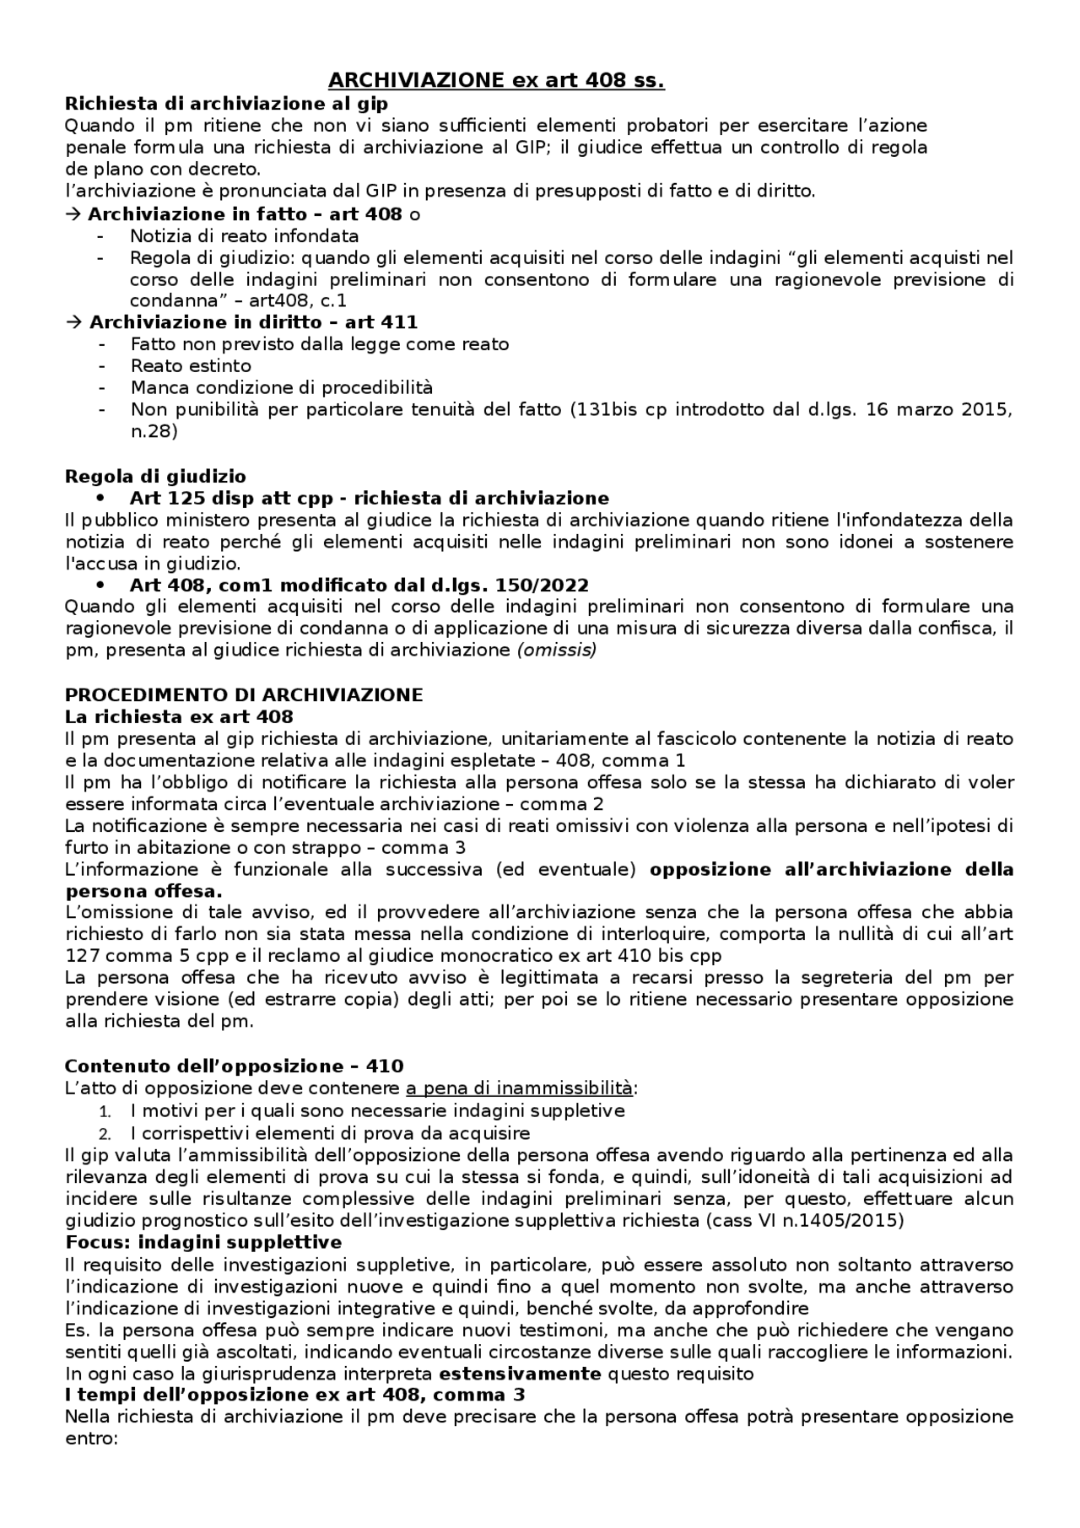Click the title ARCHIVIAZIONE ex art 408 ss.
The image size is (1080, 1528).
click(495, 81)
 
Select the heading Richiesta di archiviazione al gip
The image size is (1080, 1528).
click(226, 104)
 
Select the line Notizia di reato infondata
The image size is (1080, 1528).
click(244, 236)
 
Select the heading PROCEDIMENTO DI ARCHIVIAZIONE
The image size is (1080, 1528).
click(244, 695)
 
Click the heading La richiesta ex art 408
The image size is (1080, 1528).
click(179, 717)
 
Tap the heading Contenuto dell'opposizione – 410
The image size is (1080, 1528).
click(234, 1066)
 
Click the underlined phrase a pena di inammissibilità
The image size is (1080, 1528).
click(519, 1088)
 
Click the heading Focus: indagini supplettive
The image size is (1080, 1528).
click(203, 1242)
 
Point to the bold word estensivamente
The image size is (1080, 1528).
click(520, 1374)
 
